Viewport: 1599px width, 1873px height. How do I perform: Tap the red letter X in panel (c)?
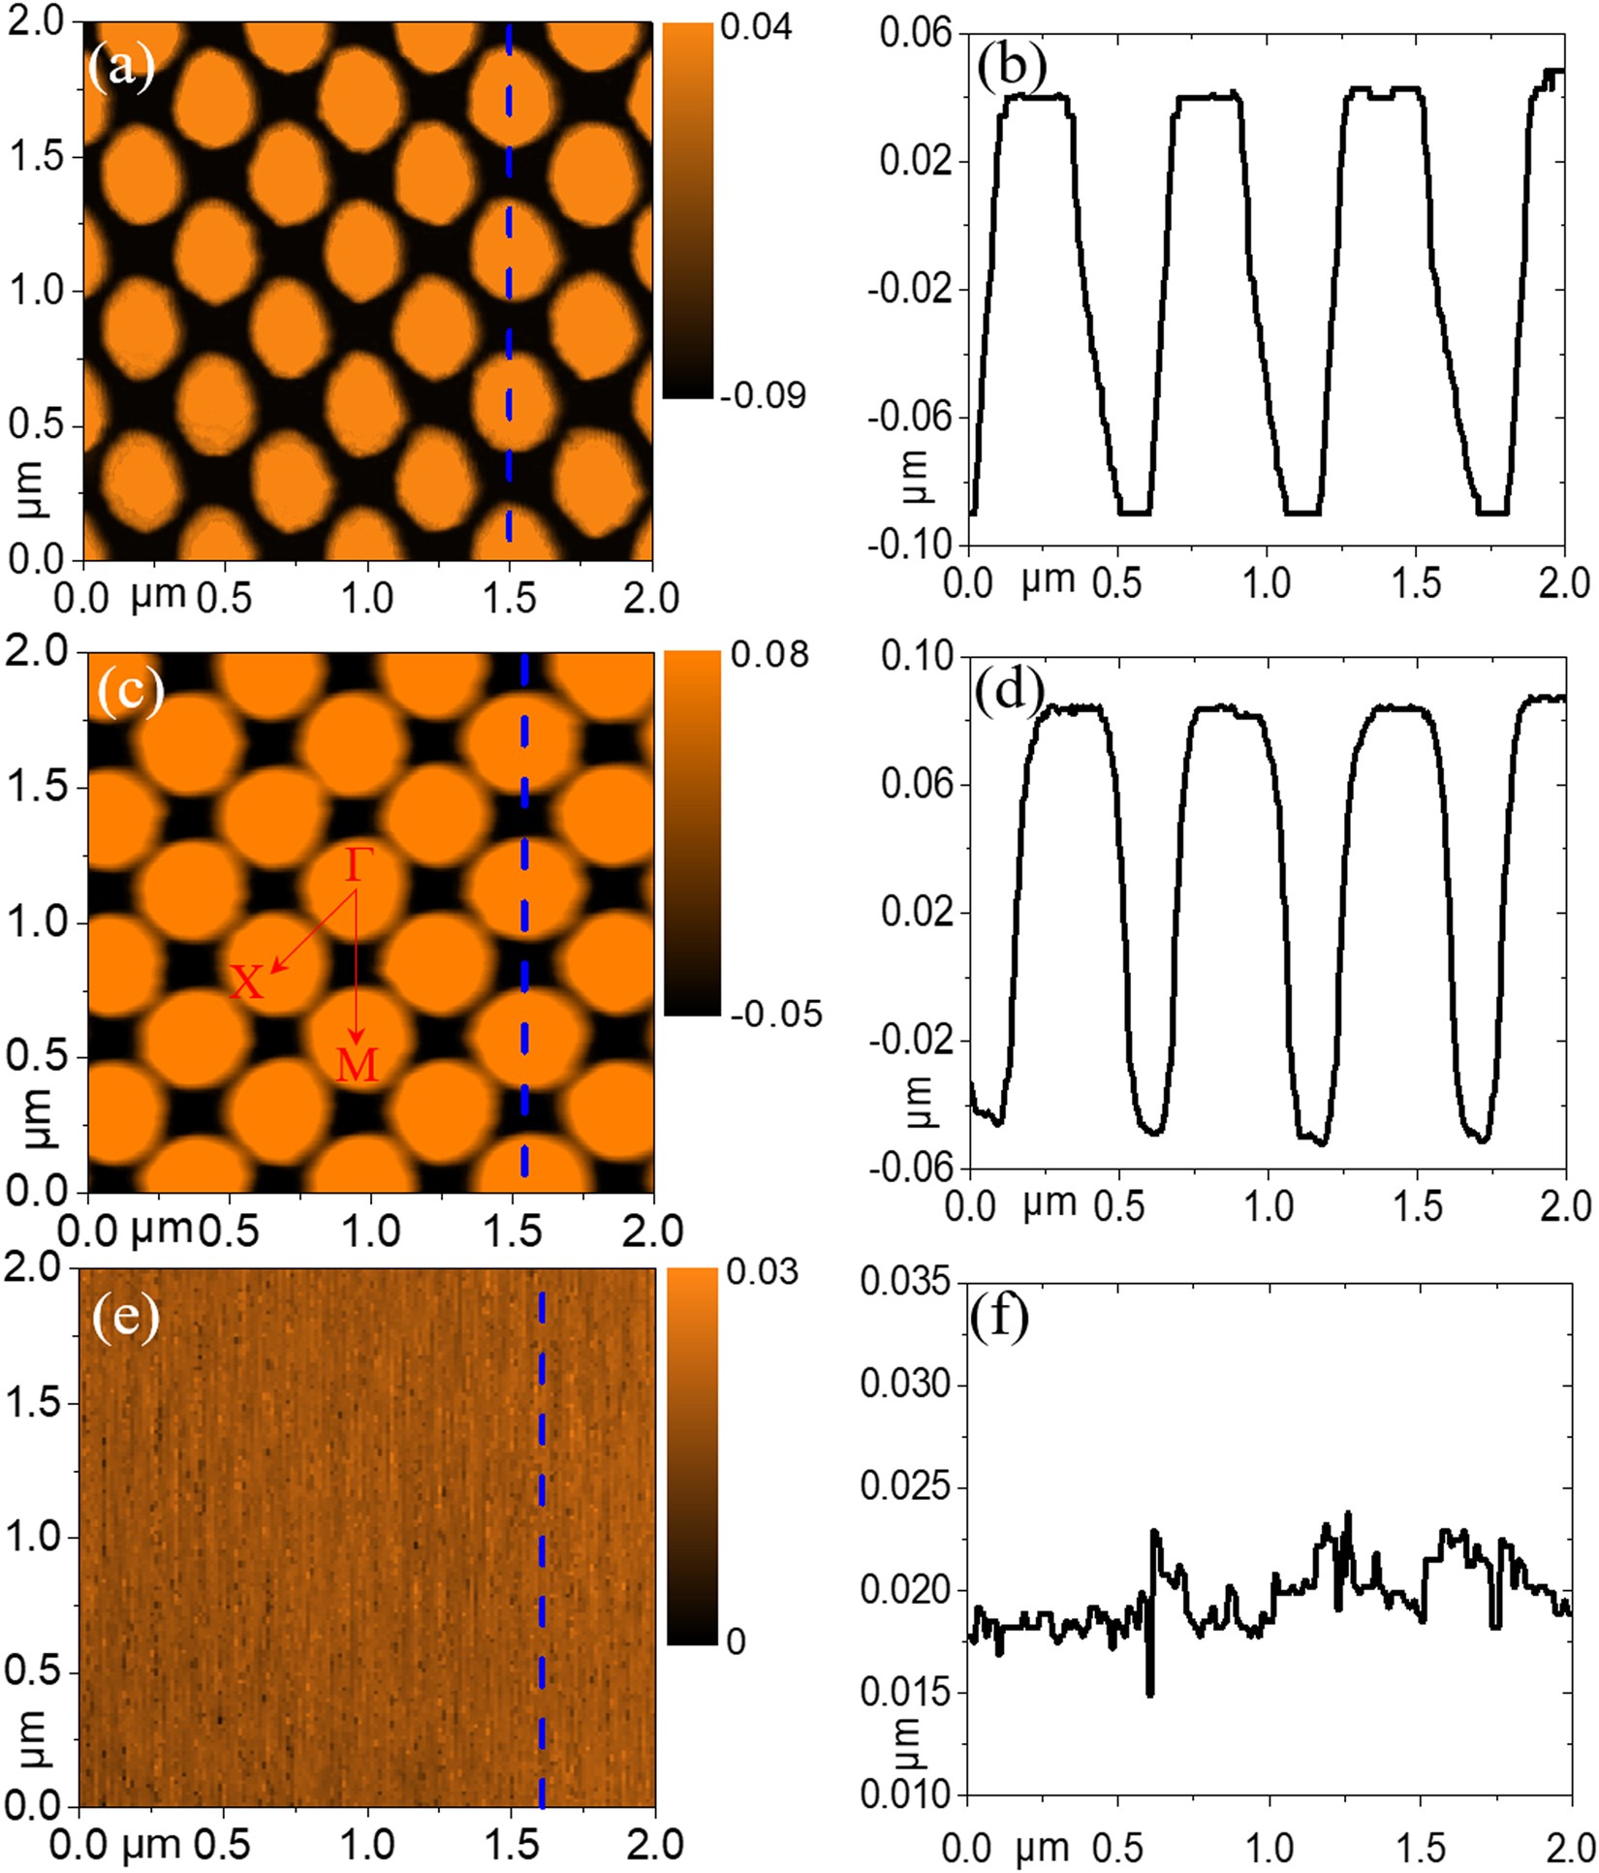click(x=246, y=983)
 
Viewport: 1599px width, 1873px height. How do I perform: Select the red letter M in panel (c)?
click(x=357, y=1065)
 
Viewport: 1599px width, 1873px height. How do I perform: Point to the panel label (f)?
click(x=998, y=1317)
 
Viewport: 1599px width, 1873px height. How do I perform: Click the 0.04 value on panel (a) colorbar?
click(x=756, y=27)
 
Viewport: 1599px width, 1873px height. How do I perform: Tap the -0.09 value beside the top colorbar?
click(x=762, y=395)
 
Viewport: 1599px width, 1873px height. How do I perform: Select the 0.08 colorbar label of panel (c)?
click(x=768, y=655)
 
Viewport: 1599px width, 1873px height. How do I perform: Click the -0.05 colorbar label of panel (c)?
click(x=775, y=1015)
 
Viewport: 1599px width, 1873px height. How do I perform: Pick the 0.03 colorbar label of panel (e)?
click(x=762, y=1272)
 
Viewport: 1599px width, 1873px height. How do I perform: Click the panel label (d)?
click(x=1009, y=690)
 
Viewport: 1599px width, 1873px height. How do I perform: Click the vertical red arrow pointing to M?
click(x=356, y=969)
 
